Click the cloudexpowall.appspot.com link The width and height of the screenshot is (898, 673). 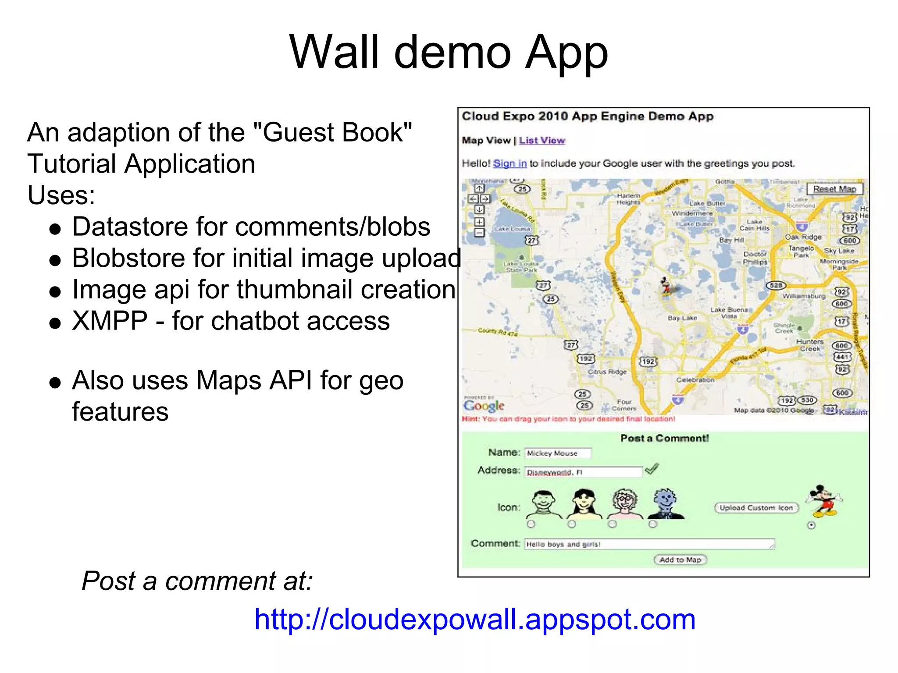click(x=475, y=620)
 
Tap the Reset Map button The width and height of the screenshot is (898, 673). click(x=834, y=189)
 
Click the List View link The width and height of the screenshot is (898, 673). click(x=542, y=141)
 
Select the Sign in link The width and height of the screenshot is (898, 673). click(x=510, y=164)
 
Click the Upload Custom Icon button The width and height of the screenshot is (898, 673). click(x=756, y=508)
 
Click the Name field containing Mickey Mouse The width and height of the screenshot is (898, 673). click(x=558, y=453)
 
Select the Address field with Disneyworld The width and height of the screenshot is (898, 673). click(x=583, y=472)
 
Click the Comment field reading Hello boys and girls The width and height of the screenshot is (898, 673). click(x=649, y=544)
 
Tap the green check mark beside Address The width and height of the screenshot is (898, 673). click(x=652, y=469)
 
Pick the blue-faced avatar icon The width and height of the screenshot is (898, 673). click(x=666, y=503)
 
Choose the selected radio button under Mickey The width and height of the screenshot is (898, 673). click(x=811, y=525)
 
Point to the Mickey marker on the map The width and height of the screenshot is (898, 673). click(x=666, y=287)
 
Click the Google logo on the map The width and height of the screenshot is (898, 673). click(x=484, y=406)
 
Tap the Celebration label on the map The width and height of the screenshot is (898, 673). click(x=695, y=380)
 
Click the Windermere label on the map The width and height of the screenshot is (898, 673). click(x=692, y=213)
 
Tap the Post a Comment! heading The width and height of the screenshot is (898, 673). click(x=664, y=438)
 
